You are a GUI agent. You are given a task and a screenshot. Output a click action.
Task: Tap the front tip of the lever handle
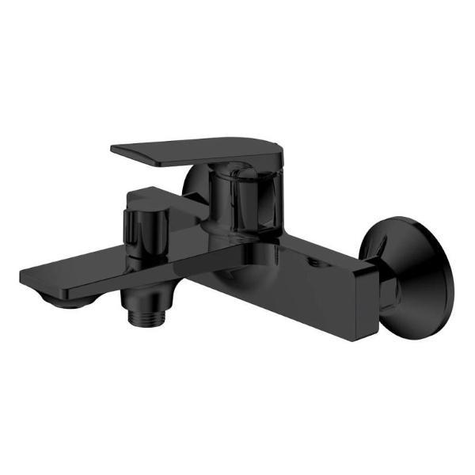point(119,148)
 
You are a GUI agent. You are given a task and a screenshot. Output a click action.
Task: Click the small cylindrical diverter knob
point(142,226)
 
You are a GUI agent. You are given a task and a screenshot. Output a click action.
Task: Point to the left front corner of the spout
point(24,275)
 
